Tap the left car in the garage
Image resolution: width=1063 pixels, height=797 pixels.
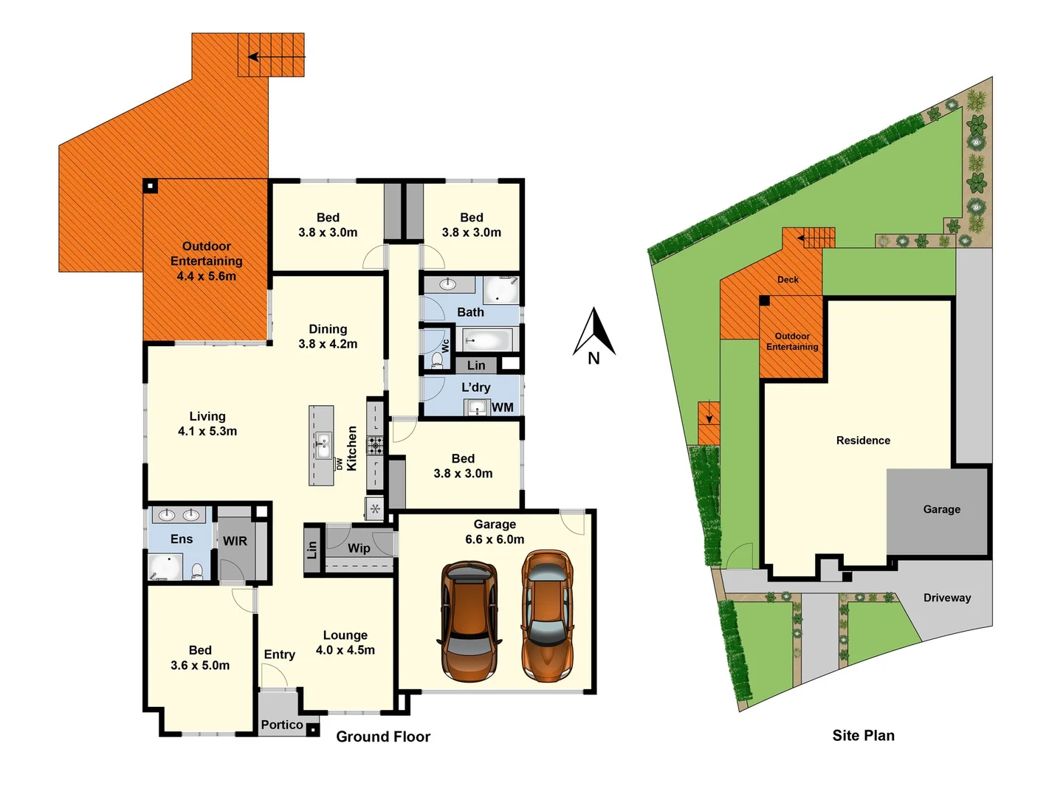[x=469, y=622]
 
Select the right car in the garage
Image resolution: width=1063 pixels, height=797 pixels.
[x=547, y=615]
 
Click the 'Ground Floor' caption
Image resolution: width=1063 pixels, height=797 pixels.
[x=383, y=736]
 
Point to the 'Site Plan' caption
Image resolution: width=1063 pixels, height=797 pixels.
[x=863, y=736]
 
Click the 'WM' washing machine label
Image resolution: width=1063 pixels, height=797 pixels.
[x=503, y=407]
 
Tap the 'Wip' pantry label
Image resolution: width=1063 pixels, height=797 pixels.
[x=359, y=548]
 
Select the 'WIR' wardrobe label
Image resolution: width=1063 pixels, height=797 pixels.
[x=235, y=541]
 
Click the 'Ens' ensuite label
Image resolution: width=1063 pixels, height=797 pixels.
[x=182, y=539]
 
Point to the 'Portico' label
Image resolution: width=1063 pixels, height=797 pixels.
[x=282, y=725]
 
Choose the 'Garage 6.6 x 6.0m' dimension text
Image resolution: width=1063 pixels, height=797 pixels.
[x=495, y=539]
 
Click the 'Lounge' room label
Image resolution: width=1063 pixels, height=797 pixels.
[x=345, y=635]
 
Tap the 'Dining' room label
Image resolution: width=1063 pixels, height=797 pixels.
[x=328, y=329]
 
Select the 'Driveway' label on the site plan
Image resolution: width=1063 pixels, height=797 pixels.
[x=947, y=598]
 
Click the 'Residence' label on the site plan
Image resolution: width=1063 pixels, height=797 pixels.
[x=863, y=441]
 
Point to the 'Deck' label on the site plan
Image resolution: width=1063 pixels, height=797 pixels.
[x=788, y=280]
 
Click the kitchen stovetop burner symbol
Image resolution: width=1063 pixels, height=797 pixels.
[x=376, y=444]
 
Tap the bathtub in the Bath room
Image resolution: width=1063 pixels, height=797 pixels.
[x=487, y=340]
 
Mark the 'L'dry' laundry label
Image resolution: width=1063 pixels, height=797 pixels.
[x=475, y=387]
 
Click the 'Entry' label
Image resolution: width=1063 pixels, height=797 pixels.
[x=279, y=655]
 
